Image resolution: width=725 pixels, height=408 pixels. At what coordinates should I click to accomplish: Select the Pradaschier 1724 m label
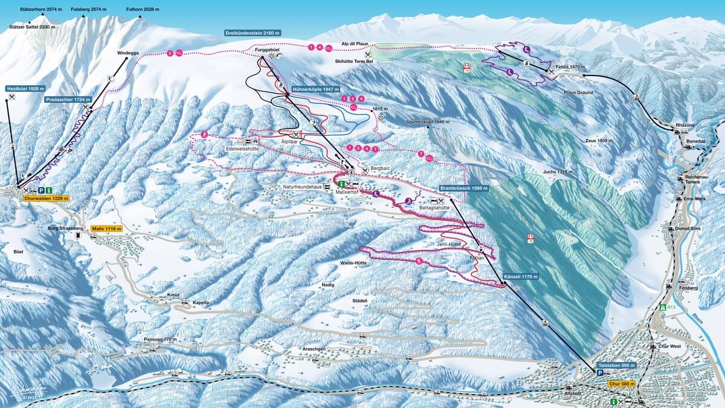pos(68,99)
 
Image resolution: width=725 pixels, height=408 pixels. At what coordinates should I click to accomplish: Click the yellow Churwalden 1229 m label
pos(47,198)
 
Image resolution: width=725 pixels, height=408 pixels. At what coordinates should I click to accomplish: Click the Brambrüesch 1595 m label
pos(464,188)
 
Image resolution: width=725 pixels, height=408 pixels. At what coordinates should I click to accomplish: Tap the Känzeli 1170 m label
pos(520,277)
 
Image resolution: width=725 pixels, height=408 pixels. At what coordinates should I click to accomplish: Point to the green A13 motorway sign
pos(666,307)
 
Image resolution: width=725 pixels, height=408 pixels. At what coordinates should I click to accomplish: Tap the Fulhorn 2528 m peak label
pos(140,10)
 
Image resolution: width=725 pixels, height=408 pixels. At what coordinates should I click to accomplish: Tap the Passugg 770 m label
pos(160,340)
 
